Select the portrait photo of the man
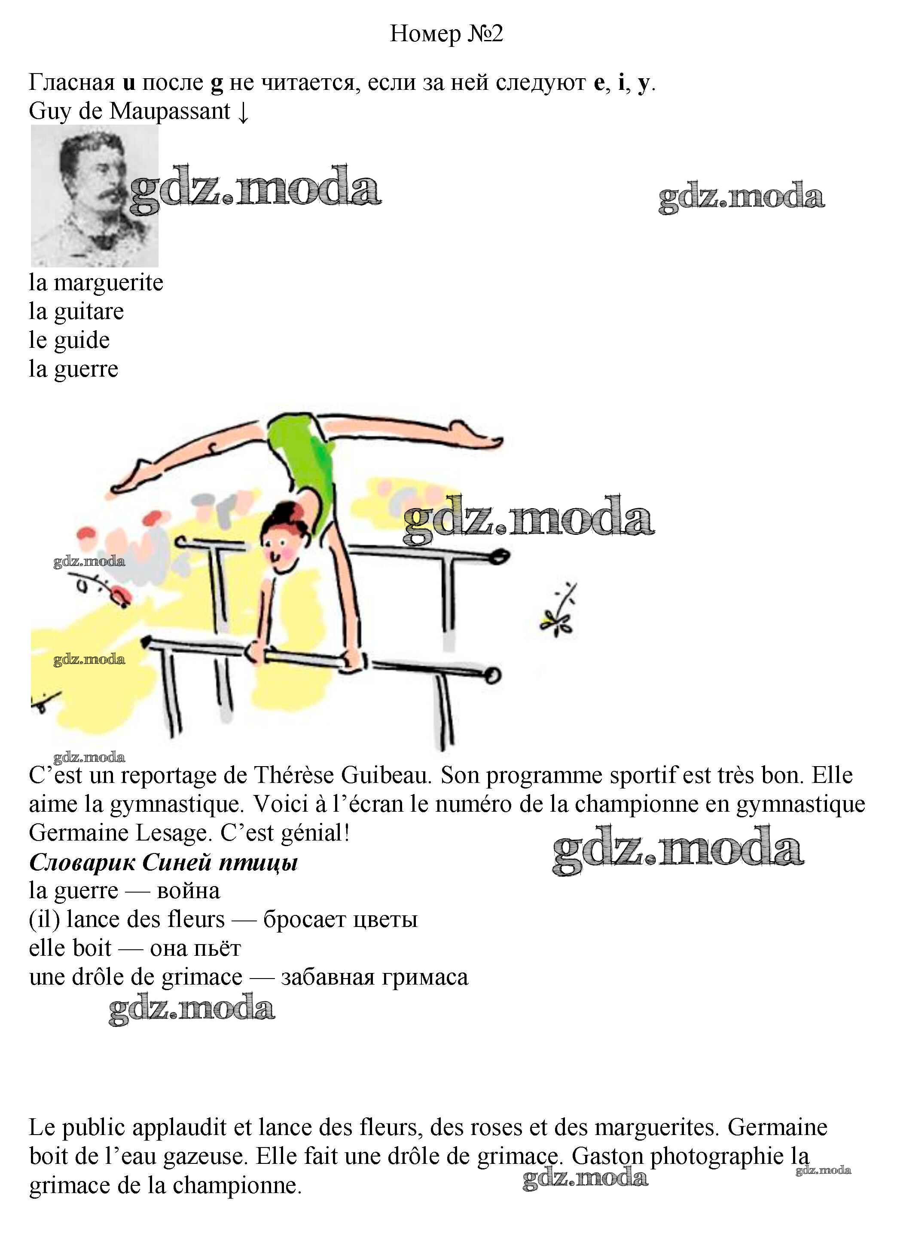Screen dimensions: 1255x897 click(95, 196)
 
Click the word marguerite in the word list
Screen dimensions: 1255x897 click(108, 283)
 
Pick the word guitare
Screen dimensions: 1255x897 click(88, 312)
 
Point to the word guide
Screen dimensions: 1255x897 click(82, 341)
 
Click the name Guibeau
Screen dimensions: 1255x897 click(385, 775)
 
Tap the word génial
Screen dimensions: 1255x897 click(315, 833)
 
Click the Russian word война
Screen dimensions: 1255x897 click(188, 891)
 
